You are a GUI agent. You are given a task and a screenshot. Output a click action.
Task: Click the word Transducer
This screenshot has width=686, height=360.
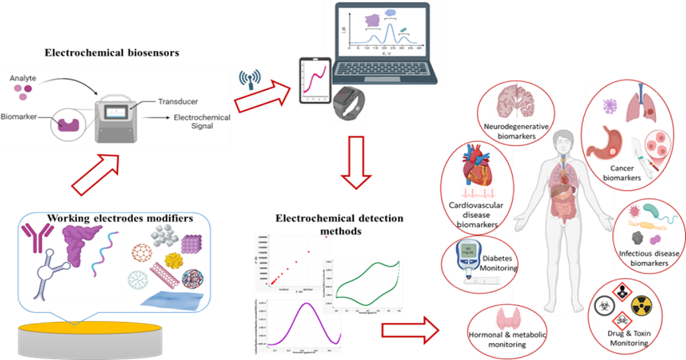click(177, 102)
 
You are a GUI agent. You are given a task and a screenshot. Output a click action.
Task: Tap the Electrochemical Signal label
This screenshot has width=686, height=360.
click(202, 122)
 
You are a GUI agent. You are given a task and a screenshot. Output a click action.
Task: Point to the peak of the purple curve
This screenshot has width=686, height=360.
click(307, 305)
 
